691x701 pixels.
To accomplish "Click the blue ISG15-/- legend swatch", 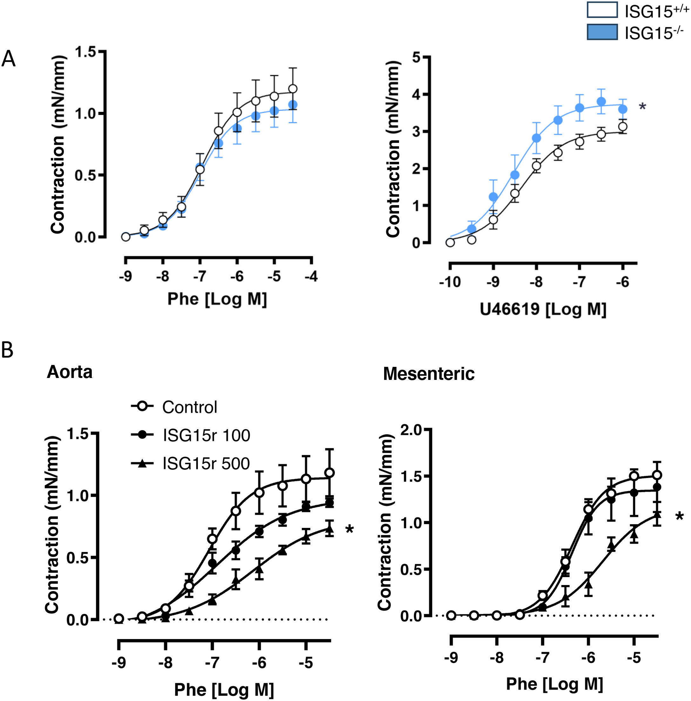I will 602,32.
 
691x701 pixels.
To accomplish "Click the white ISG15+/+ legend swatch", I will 602,10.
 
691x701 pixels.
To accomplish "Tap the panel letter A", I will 8,59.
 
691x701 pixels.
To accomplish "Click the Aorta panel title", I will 69,372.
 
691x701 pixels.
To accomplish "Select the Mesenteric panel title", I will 429,374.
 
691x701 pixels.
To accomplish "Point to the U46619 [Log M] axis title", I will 543,309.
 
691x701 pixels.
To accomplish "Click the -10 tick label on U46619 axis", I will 450,282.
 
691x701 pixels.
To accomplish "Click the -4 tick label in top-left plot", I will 311,276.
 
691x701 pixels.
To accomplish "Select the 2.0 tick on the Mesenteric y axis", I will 411,430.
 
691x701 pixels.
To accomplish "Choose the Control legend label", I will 189,408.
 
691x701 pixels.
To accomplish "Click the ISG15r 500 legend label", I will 206,464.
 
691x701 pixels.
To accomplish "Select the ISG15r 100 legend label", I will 206,435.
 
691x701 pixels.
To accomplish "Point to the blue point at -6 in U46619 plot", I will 622,109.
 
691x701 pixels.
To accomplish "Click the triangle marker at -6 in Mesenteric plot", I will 589,584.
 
